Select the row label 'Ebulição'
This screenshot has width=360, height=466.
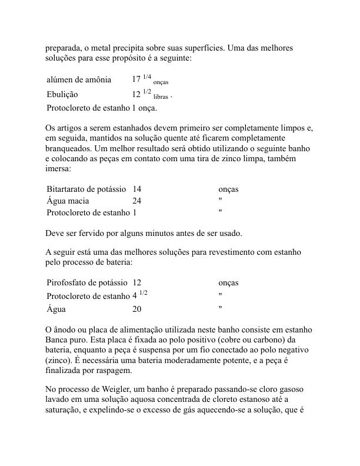[x=62, y=94]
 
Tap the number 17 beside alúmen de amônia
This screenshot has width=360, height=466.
[x=136, y=80]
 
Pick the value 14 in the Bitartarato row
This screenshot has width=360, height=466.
[x=137, y=189]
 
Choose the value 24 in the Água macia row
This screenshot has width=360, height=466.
[x=137, y=200]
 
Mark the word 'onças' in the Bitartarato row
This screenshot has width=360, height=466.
[x=228, y=189]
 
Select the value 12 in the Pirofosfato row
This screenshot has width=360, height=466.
[x=138, y=283]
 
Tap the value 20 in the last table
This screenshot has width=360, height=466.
[x=138, y=309]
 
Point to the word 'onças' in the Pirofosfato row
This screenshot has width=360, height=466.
[x=228, y=283]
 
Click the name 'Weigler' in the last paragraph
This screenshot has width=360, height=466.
[x=112, y=390]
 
